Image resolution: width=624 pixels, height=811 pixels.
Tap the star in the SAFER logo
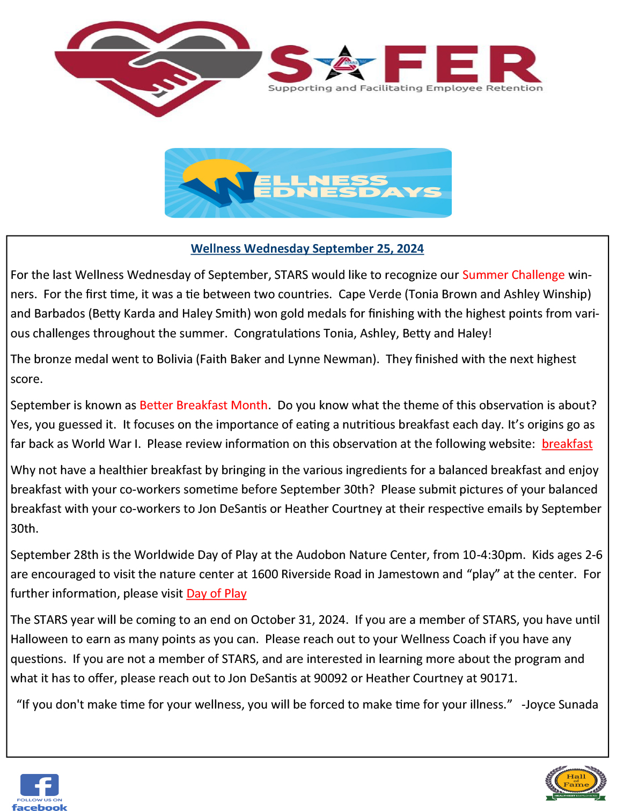(x=345, y=64)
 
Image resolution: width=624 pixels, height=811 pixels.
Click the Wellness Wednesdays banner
(x=308, y=183)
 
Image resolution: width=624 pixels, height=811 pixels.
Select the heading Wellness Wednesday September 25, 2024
(x=307, y=248)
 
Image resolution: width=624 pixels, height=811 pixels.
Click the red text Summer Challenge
(x=513, y=275)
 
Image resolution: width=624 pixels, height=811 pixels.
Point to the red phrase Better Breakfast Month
(x=203, y=405)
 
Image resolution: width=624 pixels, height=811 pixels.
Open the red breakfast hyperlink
(x=567, y=444)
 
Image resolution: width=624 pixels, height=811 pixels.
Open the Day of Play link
(x=216, y=593)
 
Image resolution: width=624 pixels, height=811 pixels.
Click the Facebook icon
(x=39, y=787)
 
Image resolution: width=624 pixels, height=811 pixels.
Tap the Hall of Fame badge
(x=576, y=783)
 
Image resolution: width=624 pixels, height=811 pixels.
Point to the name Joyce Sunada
(x=561, y=704)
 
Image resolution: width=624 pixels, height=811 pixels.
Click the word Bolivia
(x=174, y=359)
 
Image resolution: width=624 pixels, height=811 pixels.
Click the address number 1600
(x=265, y=574)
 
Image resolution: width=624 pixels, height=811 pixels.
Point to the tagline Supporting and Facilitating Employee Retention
(x=405, y=88)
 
